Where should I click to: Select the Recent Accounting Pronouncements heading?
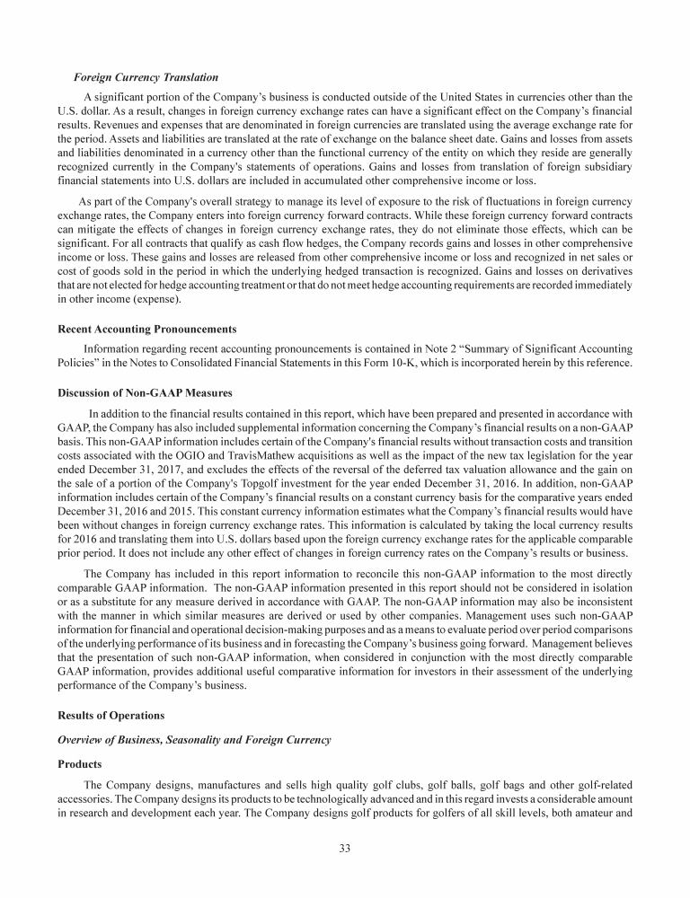tap(146, 329)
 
